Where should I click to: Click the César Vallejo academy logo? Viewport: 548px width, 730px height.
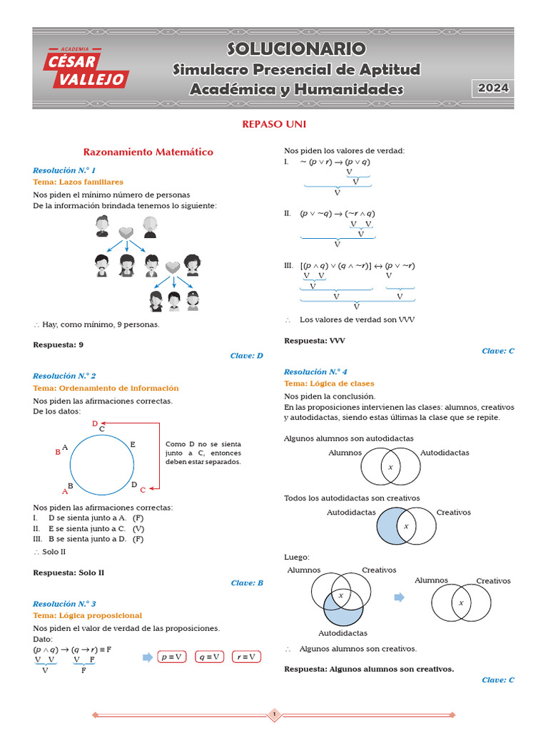pyautogui.click(x=85, y=68)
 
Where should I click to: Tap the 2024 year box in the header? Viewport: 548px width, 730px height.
pyautogui.click(x=493, y=88)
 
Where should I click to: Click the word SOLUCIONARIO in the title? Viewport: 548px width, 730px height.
pyautogui.click(x=296, y=48)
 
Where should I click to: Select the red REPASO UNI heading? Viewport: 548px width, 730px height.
pyautogui.click(x=274, y=124)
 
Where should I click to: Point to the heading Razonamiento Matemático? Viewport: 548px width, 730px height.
pyautogui.click(x=148, y=152)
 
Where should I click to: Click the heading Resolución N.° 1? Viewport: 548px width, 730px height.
pyautogui.click(x=64, y=170)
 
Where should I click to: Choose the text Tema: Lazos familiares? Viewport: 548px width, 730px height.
pyautogui.click(x=78, y=182)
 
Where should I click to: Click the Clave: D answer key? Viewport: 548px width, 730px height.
pyautogui.click(x=247, y=355)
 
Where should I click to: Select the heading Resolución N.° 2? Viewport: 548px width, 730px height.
pyautogui.click(x=64, y=376)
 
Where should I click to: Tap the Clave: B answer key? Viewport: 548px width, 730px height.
pyautogui.click(x=247, y=582)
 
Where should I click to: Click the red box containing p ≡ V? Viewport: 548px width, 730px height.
pyautogui.click(x=172, y=657)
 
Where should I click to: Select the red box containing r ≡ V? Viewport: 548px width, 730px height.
pyautogui.click(x=246, y=657)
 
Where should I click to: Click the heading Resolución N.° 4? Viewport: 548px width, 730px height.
pyautogui.click(x=315, y=371)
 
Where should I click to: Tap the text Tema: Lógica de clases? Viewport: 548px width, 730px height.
pyautogui.click(x=329, y=384)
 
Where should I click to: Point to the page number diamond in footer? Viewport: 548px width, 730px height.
pyautogui.click(x=274, y=714)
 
